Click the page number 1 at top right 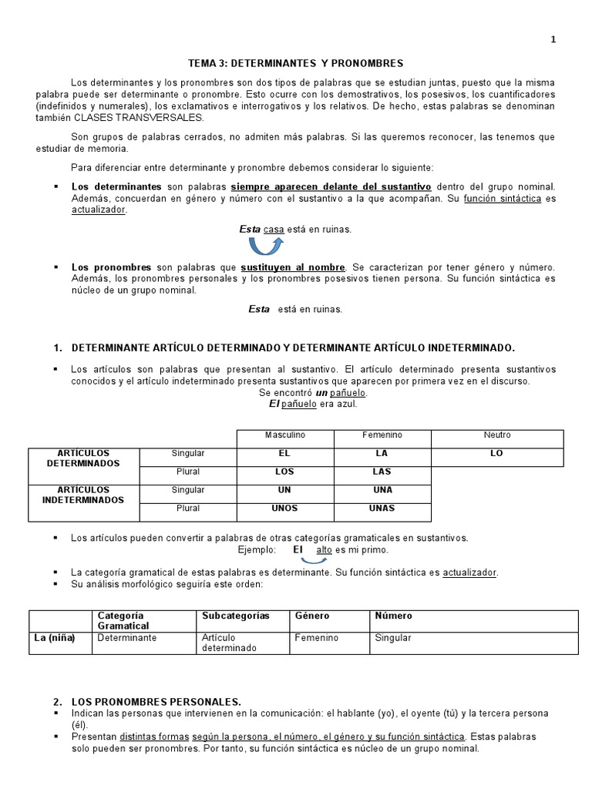tap(553, 40)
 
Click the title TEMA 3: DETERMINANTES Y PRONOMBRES tap(296, 63)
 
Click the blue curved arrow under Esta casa tap(266, 246)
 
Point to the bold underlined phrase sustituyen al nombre tap(293, 267)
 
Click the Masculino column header tap(284, 435)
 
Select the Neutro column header tap(496, 435)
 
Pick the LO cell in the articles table tap(496, 454)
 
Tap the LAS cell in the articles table tap(382, 472)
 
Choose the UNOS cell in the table tap(284, 509)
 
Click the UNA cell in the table tap(382, 490)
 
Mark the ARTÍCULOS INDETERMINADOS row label tap(84, 495)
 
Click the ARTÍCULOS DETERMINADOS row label tap(84, 458)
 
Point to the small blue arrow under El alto tap(314, 560)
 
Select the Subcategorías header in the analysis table tap(235, 616)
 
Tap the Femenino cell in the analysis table tap(316, 638)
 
